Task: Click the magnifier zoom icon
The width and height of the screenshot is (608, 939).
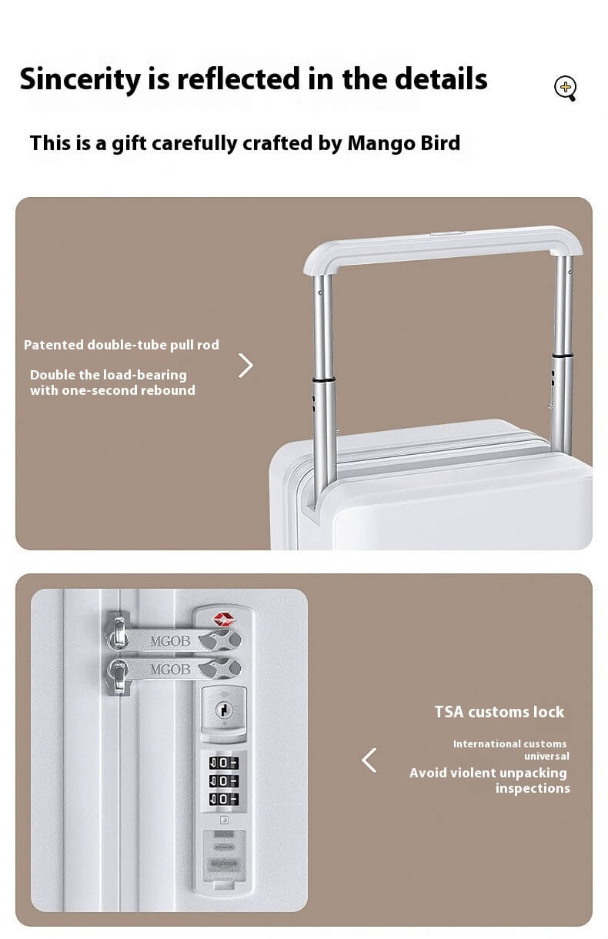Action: click(565, 89)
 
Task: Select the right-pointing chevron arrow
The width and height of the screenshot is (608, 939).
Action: click(246, 366)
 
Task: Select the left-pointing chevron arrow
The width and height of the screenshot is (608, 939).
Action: click(369, 760)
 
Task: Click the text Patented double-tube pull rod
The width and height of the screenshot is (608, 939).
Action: click(122, 345)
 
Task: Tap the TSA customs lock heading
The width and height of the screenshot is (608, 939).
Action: click(499, 712)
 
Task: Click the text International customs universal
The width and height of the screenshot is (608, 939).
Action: click(510, 750)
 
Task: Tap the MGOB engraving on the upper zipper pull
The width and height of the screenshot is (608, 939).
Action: click(170, 640)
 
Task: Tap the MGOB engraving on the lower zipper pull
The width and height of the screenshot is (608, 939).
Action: click(170, 669)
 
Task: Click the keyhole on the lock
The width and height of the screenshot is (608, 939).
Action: click(223, 707)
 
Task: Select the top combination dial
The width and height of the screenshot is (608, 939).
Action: click(223, 763)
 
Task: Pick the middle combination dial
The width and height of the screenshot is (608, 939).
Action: click(223, 781)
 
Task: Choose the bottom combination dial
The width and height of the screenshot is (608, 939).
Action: click(223, 800)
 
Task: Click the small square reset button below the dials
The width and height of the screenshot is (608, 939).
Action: click(223, 820)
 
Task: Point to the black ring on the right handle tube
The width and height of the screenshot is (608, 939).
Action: click(563, 355)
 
